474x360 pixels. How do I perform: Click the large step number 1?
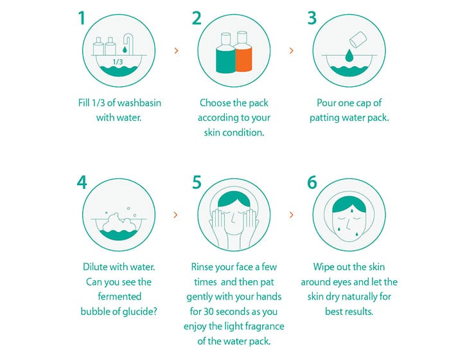(x=82, y=18)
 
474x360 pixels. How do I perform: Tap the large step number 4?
(x=82, y=183)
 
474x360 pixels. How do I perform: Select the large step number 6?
(x=312, y=183)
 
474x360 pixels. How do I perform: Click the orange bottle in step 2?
(x=243, y=51)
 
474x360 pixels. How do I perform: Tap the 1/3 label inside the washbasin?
(x=118, y=62)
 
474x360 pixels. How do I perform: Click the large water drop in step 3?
(x=349, y=55)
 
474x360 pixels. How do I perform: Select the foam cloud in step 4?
(x=118, y=222)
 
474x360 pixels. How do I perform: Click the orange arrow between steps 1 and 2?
(x=176, y=51)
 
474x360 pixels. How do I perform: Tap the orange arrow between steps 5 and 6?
(x=291, y=215)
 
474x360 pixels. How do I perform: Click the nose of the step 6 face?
(x=349, y=225)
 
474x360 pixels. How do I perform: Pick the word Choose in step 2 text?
(x=215, y=103)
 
